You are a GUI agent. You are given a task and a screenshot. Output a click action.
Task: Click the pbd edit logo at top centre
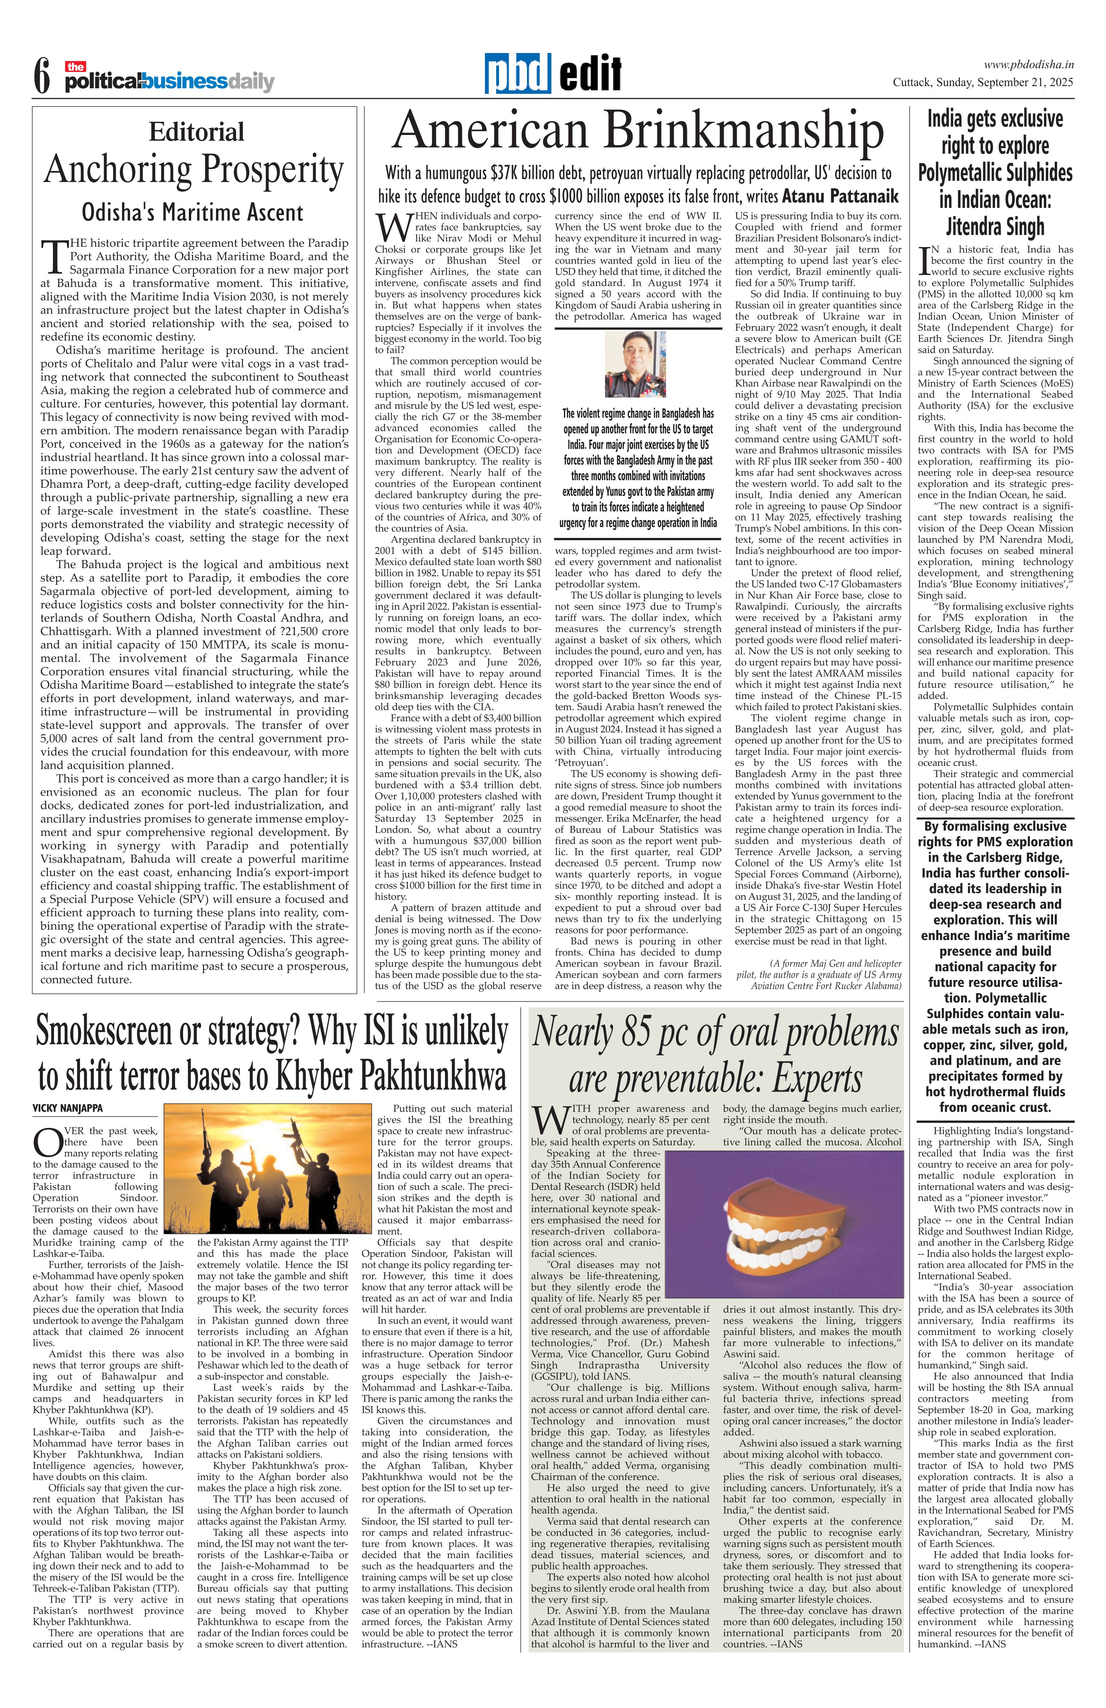click(552, 74)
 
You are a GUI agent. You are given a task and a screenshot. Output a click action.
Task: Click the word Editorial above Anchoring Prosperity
click(197, 132)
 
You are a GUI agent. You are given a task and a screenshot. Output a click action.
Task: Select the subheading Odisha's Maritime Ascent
click(192, 212)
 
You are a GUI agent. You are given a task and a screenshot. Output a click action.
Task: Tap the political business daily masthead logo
click(169, 81)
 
